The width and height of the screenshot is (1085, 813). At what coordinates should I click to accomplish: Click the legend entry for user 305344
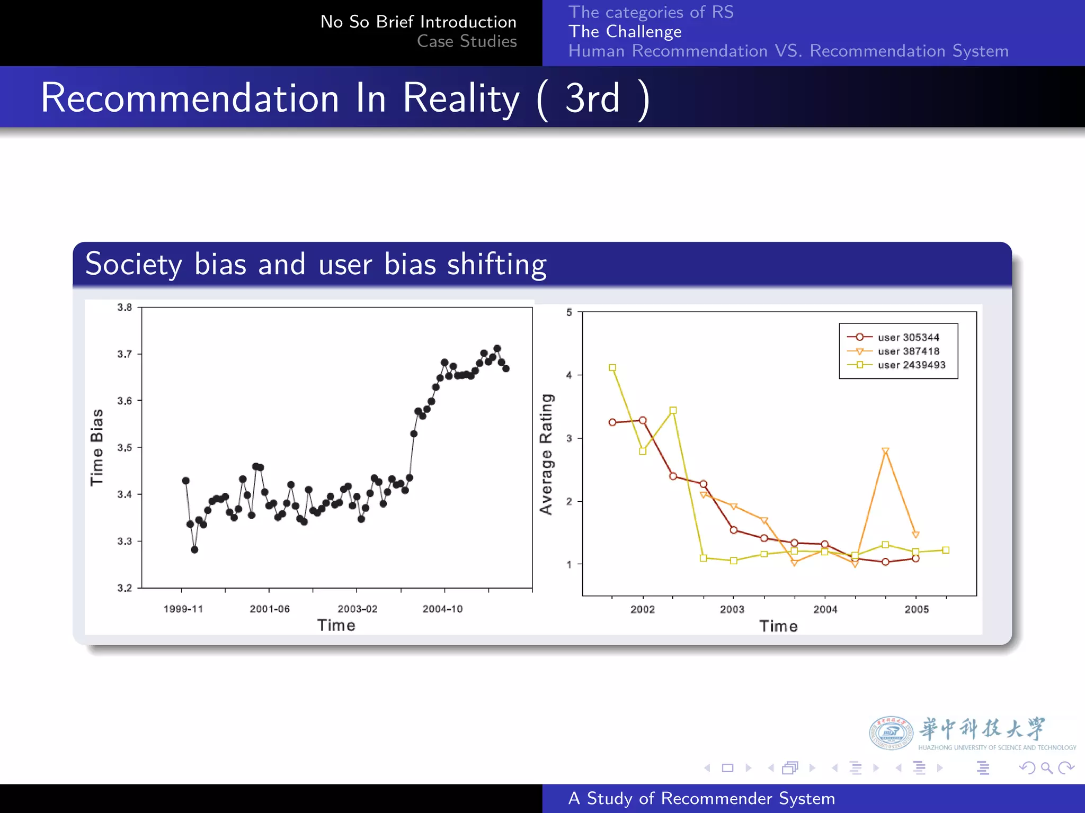coord(908,337)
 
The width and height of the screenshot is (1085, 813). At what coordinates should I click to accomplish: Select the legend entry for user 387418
coord(908,351)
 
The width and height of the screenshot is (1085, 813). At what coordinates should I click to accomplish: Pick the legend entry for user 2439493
coord(911,365)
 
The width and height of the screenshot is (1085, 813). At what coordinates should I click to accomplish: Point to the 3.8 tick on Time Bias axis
coord(124,308)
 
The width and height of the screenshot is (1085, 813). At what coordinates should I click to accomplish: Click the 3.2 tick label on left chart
coord(124,588)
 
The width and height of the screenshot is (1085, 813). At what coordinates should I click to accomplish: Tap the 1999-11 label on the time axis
coord(183,609)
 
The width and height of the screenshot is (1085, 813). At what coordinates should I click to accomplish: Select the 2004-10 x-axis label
coord(442,609)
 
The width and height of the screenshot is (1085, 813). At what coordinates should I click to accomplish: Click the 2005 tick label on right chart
coord(917,609)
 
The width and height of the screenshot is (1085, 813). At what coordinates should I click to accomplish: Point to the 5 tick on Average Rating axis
coord(569,312)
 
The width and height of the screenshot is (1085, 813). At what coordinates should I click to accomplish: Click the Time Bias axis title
coord(96,447)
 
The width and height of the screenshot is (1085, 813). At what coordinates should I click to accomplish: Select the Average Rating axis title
coord(546,454)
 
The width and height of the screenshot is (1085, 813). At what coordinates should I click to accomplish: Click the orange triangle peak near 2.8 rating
coord(885,451)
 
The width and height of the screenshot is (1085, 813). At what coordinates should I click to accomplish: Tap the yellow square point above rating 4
coord(612,367)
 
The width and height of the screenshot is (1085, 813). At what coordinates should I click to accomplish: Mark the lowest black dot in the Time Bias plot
coord(194,550)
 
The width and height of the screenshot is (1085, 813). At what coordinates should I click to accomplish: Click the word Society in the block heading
coord(134,264)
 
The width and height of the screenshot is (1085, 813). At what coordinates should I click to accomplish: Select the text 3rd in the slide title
coord(592,98)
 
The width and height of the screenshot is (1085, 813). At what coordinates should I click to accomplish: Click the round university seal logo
coord(891,733)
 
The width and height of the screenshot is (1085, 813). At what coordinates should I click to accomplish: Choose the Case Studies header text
coord(466,41)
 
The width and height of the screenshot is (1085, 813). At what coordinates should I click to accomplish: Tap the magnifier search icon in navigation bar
coord(1046,767)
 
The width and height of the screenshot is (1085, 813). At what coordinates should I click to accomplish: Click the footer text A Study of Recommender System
coord(701,798)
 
